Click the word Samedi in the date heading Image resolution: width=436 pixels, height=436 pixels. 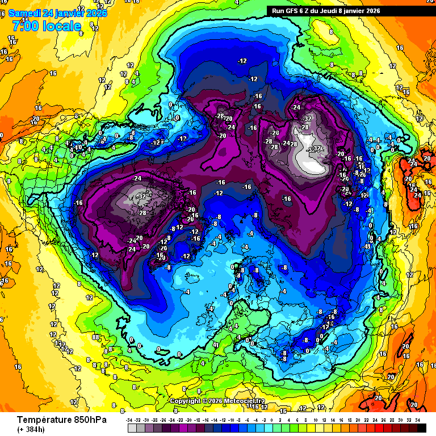[26, 12]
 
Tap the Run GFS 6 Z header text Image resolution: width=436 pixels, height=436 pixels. [296, 10]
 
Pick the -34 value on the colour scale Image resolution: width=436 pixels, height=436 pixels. [130, 420]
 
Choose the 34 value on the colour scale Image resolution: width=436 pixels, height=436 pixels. [417, 420]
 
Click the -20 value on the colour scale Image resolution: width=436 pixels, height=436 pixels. [188, 420]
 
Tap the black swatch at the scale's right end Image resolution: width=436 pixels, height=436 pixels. [422, 427]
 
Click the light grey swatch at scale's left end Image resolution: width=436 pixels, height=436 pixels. [132, 427]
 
